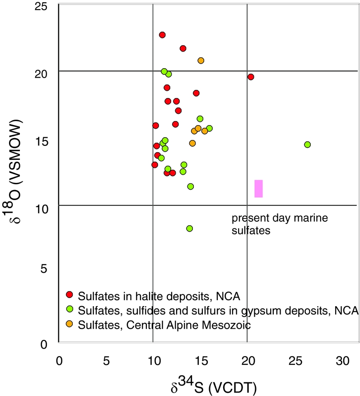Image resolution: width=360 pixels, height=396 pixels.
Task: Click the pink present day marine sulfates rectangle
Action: (258, 188)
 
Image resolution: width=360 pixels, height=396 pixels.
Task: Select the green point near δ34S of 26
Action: (307, 144)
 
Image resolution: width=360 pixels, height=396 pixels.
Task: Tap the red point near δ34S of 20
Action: (251, 77)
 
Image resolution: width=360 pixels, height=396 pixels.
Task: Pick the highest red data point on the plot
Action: (162, 35)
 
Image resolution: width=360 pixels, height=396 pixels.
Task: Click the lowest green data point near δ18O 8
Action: (189, 228)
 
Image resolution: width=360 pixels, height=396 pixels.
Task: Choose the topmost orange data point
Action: (201, 61)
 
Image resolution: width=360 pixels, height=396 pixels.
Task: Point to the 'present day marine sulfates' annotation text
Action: (279, 224)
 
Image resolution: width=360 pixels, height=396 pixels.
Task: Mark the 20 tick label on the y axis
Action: (44, 73)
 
